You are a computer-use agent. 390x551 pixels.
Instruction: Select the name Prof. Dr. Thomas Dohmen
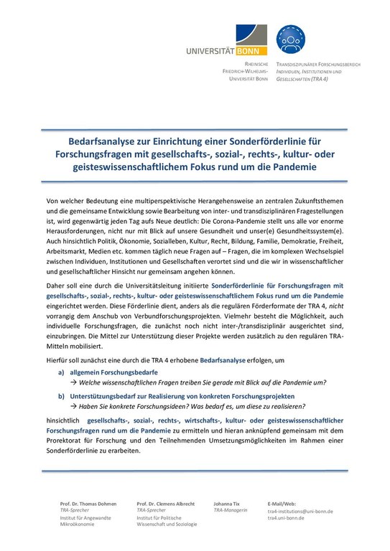tap(89, 505)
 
